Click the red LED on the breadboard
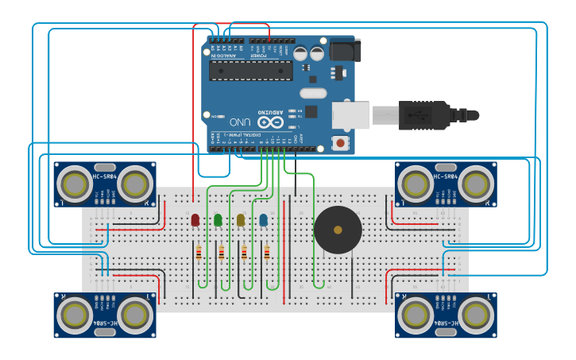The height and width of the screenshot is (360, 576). (195, 219)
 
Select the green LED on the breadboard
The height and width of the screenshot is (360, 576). (218, 219)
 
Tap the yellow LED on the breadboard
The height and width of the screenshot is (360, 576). (241, 219)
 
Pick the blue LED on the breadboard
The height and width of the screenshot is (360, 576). (263, 219)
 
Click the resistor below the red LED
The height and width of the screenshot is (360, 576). (198, 254)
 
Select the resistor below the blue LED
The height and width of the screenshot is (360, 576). (266, 254)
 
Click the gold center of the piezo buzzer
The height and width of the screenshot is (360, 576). (338, 230)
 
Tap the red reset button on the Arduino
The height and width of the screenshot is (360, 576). (342, 143)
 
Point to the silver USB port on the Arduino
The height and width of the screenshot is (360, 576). (350, 115)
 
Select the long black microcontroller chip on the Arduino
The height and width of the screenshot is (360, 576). (250, 71)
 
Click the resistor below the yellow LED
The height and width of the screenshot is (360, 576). (244, 254)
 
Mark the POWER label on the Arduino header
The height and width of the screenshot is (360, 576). (259, 56)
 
